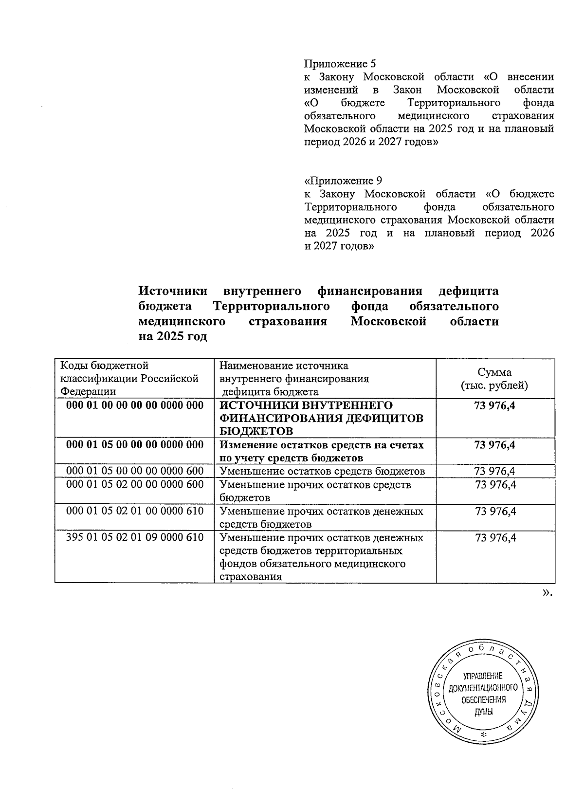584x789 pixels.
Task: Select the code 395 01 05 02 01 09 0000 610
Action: (135, 537)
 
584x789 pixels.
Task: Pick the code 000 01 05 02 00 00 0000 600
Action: (135, 484)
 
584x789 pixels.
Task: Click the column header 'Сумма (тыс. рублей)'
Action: (494, 379)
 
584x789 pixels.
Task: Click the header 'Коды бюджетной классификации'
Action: (129, 378)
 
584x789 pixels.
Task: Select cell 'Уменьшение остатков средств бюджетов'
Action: (322, 471)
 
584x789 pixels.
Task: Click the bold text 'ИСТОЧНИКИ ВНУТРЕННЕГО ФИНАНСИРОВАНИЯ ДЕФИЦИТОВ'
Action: (322, 412)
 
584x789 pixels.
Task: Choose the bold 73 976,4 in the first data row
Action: (494, 405)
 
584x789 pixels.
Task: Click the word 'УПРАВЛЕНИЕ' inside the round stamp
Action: (482, 676)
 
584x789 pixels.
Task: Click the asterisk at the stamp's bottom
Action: (483, 734)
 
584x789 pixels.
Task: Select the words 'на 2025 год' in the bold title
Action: (173, 337)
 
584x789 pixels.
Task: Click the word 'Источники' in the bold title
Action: (173, 291)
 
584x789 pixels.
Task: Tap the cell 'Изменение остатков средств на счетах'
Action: (322, 445)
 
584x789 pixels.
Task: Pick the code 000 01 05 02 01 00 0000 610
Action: (135, 511)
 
